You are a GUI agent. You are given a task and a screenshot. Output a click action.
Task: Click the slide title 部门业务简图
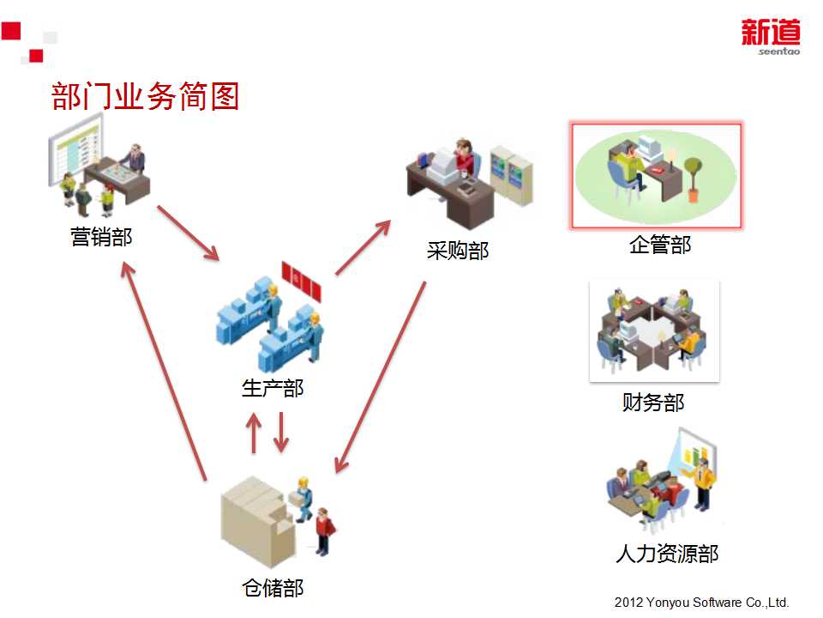(x=145, y=96)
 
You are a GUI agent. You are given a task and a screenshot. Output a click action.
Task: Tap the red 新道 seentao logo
(x=770, y=38)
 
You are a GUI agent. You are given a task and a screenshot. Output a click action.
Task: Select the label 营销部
(x=101, y=236)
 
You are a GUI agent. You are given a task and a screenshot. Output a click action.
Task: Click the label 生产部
(x=273, y=388)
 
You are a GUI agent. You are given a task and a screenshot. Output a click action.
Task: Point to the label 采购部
(x=458, y=250)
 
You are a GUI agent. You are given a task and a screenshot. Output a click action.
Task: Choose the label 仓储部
(x=273, y=588)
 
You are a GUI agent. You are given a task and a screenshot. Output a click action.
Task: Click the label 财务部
(x=653, y=402)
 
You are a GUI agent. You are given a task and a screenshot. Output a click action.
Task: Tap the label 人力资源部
(x=667, y=554)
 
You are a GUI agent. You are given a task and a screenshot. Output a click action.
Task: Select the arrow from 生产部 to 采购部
(x=363, y=248)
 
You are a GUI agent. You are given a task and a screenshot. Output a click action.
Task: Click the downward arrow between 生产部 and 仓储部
(x=281, y=433)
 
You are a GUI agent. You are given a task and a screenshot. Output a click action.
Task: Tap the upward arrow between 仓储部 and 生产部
(x=253, y=433)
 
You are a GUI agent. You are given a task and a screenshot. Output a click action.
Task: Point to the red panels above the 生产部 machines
(x=303, y=282)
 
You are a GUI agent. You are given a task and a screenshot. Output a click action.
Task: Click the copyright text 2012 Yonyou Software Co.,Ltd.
(x=701, y=603)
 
